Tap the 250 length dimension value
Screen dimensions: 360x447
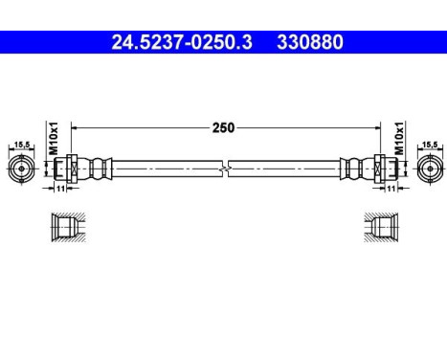pyautogui.click(x=224, y=126)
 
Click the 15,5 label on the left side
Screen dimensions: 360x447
pyautogui.click(x=19, y=146)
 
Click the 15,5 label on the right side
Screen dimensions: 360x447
pyautogui.click(x=429, y=146)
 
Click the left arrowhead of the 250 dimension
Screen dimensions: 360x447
pyautogui.click(x=77, y=126)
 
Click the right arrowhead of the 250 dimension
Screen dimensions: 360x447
pyautogui.click(x=372, y=126)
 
